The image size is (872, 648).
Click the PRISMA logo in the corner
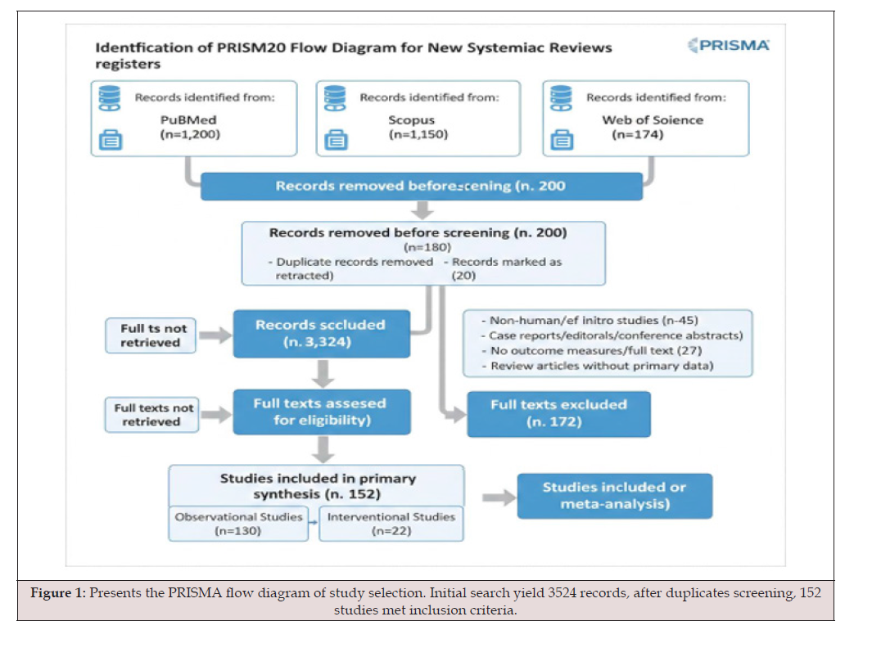729,45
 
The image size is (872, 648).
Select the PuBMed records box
194,119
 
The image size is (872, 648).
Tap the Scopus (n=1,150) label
418,128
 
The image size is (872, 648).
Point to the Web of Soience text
653,120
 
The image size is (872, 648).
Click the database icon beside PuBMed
110,98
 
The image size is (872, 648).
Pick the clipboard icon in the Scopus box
336,139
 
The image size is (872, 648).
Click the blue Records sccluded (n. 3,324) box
322,334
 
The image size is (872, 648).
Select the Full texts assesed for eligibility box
322,412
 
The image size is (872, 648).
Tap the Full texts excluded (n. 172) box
558,414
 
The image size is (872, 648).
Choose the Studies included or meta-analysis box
615,496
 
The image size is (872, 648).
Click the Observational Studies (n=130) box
238,524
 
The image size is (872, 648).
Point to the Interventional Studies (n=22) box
391,524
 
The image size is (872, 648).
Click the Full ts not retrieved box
150,335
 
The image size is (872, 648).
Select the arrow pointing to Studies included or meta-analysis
499,497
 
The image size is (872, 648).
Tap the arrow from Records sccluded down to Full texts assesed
323,373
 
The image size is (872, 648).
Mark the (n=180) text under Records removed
427,247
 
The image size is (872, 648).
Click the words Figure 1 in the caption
58,593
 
